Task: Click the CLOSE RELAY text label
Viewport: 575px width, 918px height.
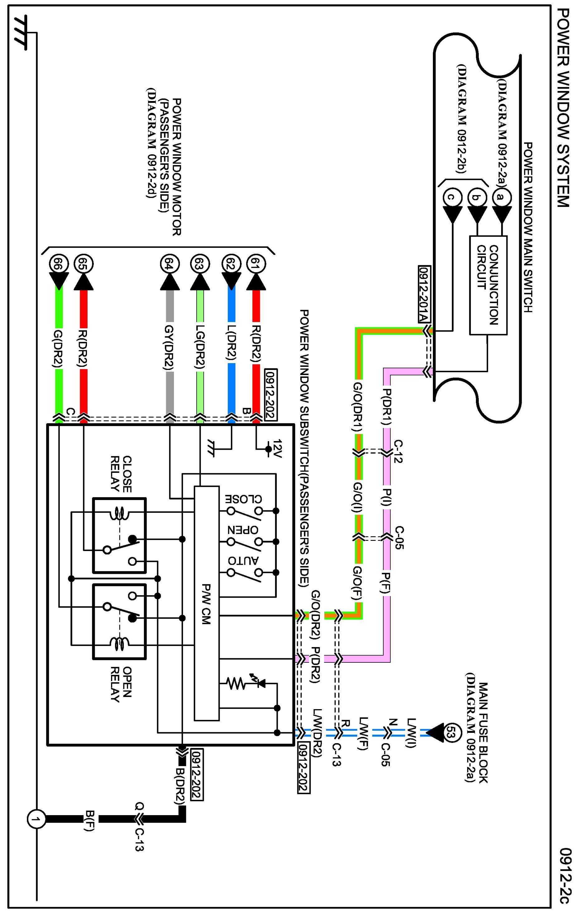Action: (x=121, y=474)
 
